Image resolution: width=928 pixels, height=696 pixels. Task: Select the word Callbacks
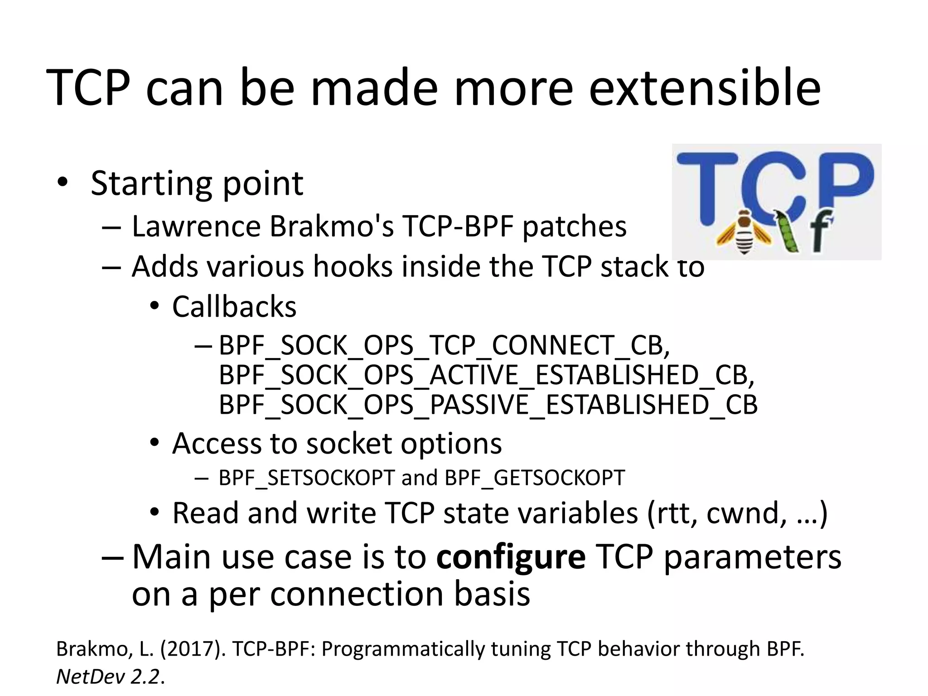point(234,307)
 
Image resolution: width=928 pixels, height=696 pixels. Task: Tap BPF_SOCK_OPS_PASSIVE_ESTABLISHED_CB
point(488,405)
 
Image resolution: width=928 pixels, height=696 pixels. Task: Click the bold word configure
point(511,557)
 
